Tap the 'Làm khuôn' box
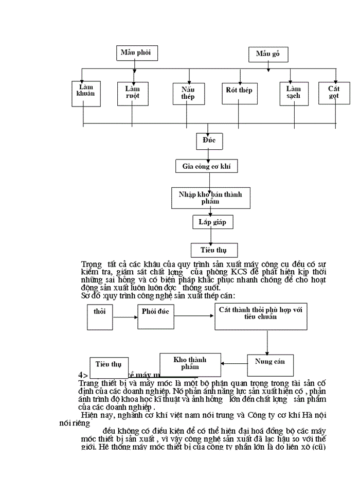click(x=83, y=93)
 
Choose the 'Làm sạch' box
click(x=294, y=94)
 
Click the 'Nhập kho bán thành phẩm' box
click(x=210, y=198)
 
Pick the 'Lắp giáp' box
click(x=209, y=222)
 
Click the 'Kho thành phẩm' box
click(x=190, y=365)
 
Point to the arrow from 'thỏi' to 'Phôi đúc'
click(x=125, y=317)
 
